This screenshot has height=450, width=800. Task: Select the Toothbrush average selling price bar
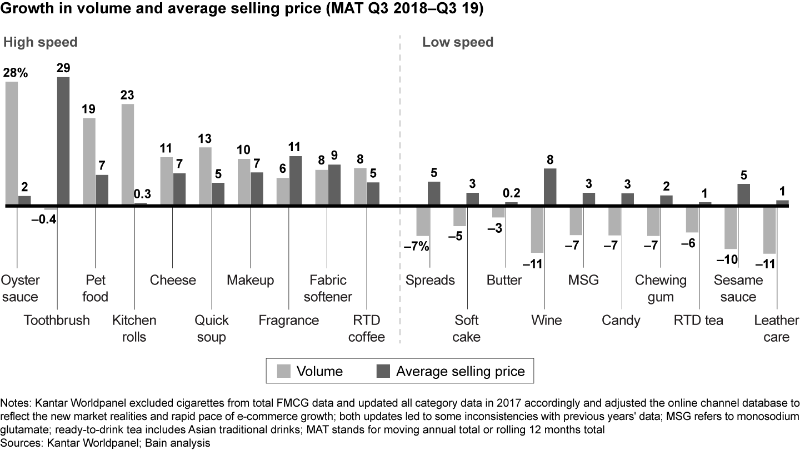pyautogui.click(x=63, y=141)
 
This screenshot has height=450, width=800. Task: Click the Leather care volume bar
pyautogui.click(x=769, y=230)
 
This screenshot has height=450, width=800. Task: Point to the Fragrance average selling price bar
pyautogui.click(x=296, y=181)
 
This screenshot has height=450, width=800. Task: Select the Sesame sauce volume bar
pyautogui.click(x=731, y=228)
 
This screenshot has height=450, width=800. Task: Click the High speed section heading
pyautogui.click(x=41, y=42)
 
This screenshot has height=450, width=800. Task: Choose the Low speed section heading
pyautogui.click(x=458, y=42)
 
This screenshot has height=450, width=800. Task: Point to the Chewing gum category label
pyautogui.click(x=661, y=288)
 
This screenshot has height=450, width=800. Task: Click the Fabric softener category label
pyautogui.click(x=328, y=288)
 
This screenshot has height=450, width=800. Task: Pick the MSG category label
pyautogui.click(x=583, y=279)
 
